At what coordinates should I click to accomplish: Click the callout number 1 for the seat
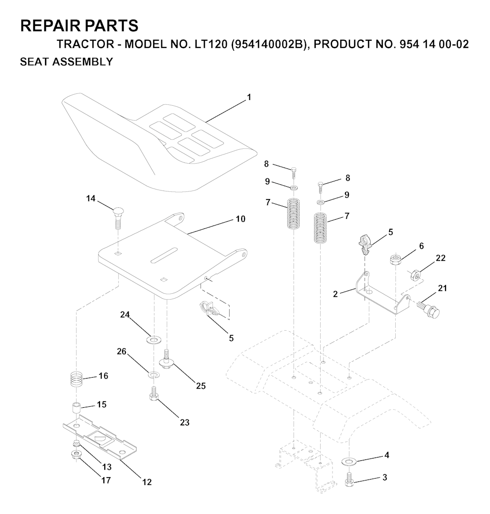tap(249, 97)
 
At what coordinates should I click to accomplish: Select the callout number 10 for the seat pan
tap(241, 219)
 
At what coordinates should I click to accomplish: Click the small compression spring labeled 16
tap(77, 380)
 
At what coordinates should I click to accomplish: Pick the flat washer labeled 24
tap(153, 339)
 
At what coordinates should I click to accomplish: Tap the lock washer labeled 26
tap(153, 375)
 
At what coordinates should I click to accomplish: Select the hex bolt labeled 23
tap(153, 393)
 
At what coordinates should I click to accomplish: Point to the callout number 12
tap(147, 482)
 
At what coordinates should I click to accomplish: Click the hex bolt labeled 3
tap(349, 478)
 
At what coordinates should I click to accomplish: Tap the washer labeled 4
tap(349, 461)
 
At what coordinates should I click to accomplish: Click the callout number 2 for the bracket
tap(335, 294)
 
